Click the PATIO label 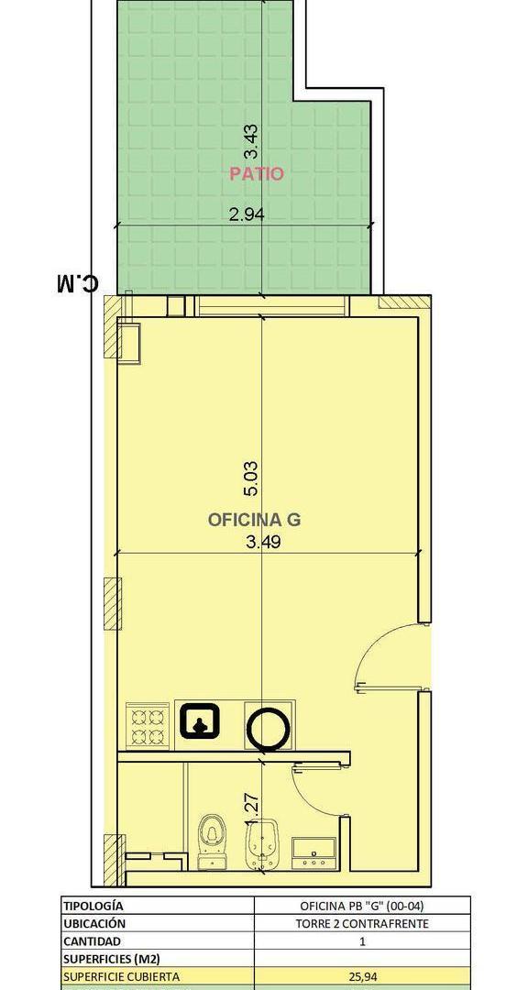point(257,173)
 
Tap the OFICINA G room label point(254,520)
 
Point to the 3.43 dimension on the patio point(252,140)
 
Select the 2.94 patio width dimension point(247,214)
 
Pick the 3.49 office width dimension point(263,542)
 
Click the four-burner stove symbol point(148,726)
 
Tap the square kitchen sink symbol point(201,721)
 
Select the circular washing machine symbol point(268,730)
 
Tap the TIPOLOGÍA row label point(93,906)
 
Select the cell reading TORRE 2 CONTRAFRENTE point(362,924)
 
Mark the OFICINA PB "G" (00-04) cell point(362,906)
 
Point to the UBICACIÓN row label point(94,923)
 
